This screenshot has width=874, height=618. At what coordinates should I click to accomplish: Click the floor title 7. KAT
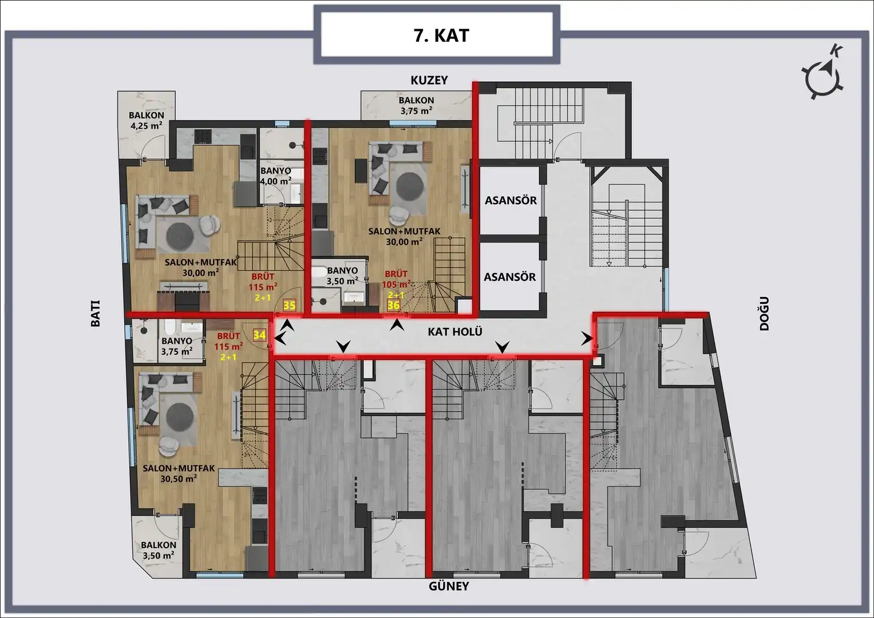[441, 36]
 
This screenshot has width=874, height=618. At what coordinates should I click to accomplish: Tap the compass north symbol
[823, 80]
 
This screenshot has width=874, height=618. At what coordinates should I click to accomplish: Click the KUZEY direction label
[429, 80]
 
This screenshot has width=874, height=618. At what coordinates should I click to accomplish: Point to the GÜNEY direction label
[449, 586]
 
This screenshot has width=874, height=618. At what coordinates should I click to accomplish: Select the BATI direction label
[96, 314]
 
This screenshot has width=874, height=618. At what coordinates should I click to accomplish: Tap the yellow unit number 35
[290, 305]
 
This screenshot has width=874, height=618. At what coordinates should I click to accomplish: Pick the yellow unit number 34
[259, 335]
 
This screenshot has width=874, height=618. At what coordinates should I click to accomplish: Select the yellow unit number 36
[393, 304]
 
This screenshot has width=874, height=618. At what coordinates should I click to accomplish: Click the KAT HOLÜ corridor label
[455, 332]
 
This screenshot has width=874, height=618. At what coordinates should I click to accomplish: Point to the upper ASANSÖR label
[511, 200]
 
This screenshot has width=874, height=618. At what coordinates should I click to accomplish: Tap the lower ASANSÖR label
[510, 277]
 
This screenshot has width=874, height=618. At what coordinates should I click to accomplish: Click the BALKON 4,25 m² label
[147, 121]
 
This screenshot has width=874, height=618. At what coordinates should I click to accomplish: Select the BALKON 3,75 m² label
[416, 106]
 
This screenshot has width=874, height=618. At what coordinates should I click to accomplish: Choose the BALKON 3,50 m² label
[159, 550]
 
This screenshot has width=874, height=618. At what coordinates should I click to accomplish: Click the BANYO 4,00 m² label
[276, 176]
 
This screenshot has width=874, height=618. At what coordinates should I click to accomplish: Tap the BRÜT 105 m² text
[397, 279]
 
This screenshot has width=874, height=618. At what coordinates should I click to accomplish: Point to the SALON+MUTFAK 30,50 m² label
[179, 473]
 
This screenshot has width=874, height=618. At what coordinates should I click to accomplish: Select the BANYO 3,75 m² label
[177, 346]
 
